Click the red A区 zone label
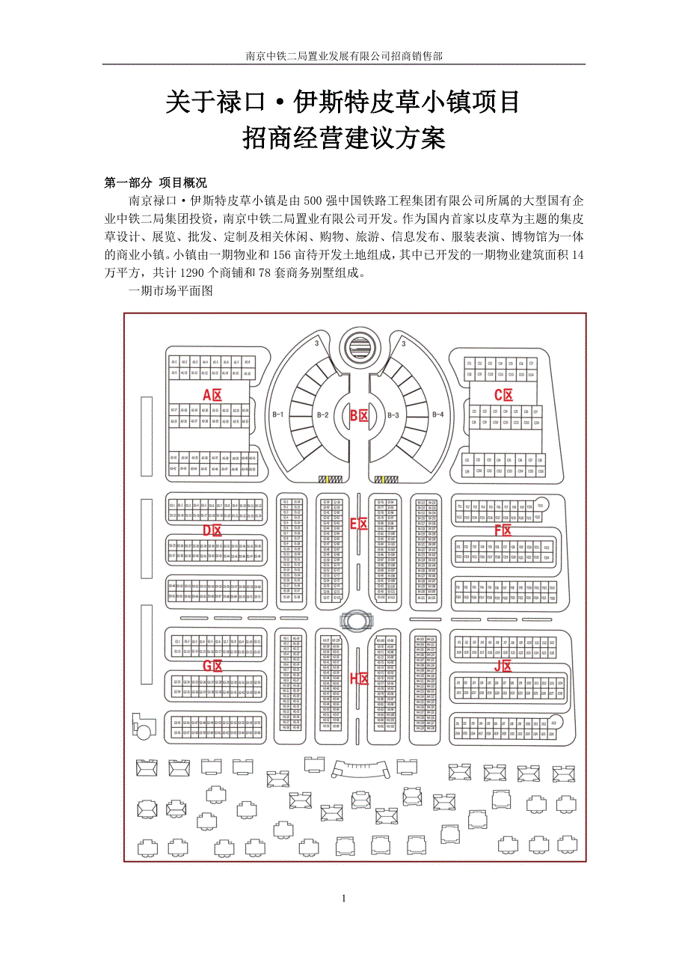coord(212,395)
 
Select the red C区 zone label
coord(503,395)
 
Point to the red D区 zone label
coord(212,530)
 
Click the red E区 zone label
coord(360,524)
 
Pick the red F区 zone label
coord(503,530)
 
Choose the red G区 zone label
coord(212,666)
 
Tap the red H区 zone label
coord(360,679)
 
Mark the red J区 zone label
coord(503,666)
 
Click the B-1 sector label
coord(278,414)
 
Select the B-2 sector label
coord(322,414)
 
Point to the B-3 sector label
coord(394,414)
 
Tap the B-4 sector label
coord(437,414)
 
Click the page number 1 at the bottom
coord(343,898)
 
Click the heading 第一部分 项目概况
coord(156,183)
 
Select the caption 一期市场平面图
coord(171,291)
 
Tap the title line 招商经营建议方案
coord(343,139)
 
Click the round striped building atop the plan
coord(361,347)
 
